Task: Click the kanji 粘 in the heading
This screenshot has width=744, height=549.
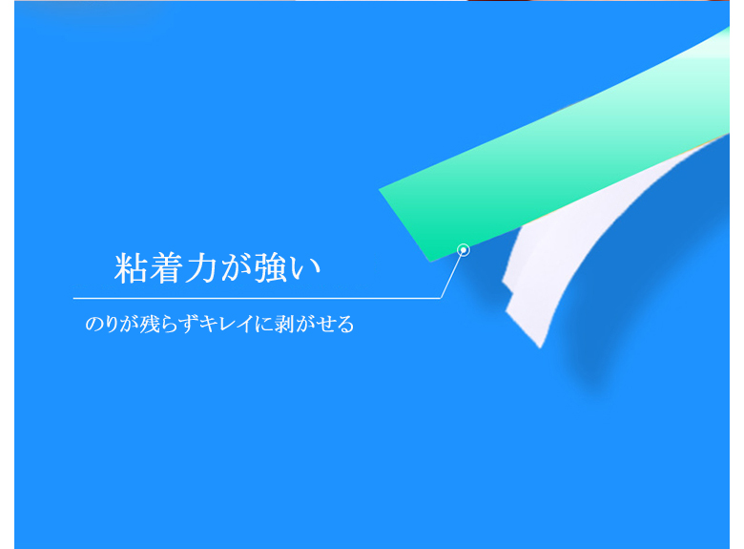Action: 130,268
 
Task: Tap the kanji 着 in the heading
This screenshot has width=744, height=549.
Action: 164,268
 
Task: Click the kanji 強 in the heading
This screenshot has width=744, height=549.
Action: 271,268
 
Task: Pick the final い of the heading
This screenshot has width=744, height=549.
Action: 305,269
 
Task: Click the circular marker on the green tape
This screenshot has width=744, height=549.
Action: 464,250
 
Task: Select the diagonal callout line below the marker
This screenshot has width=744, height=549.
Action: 451,275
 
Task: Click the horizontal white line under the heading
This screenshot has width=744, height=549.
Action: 258,298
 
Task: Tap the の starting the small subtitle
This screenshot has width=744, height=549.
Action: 93,324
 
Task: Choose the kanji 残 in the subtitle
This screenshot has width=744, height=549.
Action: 149,324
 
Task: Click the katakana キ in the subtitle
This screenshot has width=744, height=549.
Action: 207,324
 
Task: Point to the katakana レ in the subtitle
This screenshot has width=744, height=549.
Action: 226,324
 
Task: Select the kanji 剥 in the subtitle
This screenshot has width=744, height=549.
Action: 283,324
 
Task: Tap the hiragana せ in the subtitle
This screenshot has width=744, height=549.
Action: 326,324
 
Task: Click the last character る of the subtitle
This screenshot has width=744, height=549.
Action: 345,325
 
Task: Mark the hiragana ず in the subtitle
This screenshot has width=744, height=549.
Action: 189,325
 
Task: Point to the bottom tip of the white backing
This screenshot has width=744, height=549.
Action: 540,348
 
